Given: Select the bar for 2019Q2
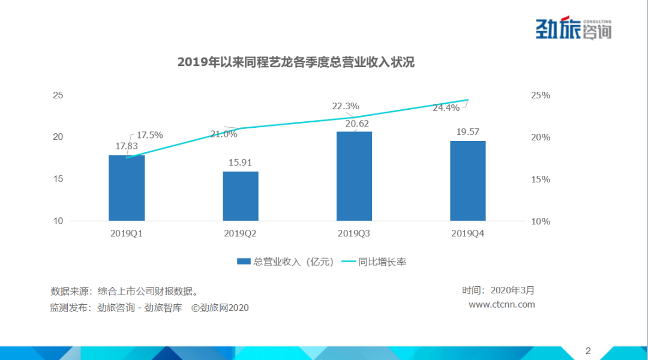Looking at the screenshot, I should tap(241, 196).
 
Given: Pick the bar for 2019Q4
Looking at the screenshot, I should tap(468, 181).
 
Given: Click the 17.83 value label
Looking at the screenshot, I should tap(127, 146).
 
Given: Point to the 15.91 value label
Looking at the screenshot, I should tap(241, 162).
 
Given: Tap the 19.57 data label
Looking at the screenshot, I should tap(468, 132).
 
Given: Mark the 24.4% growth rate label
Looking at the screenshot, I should tap(446, 108).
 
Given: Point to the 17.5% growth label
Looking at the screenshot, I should tap(149, 135).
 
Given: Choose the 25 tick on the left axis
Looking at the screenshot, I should tap(58, 95).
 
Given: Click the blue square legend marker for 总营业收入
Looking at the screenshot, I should tap(243, 262).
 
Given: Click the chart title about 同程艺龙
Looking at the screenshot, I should tap(296, 62).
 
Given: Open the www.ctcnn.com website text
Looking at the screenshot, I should tap(502, 304).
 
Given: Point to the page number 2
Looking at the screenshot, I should tap(588, 350).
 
